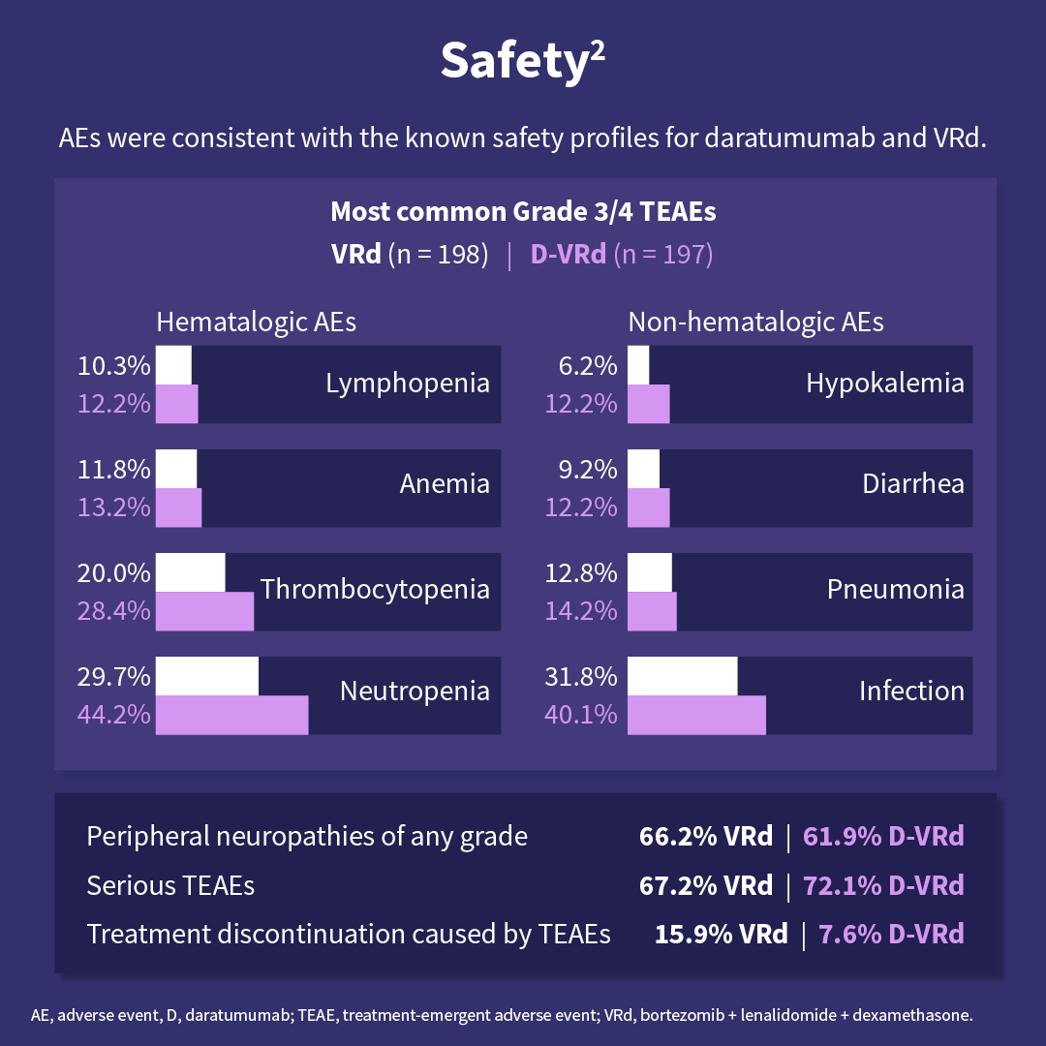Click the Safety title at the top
click(523, 61)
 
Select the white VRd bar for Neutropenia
click(207, 676)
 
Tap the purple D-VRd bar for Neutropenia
click(232, 715)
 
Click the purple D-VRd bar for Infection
click(697, 715)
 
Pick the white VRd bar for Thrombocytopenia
click(191, 572)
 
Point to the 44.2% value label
click(113, 715)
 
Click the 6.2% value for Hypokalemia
click(588, 366)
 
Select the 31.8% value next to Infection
click(581, 676)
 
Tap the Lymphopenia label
click(408, 383)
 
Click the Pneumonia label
click(895, 589)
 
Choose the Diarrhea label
click(913, 483)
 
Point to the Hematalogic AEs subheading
click(257, 322)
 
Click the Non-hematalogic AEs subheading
click(755, 322)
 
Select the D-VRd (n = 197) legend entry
click(621, 255)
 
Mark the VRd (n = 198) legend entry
click(410, 255)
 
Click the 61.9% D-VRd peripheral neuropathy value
click(883, 836)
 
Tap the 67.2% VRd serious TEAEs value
click(706, 885)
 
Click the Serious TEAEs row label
click(170, 885)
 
